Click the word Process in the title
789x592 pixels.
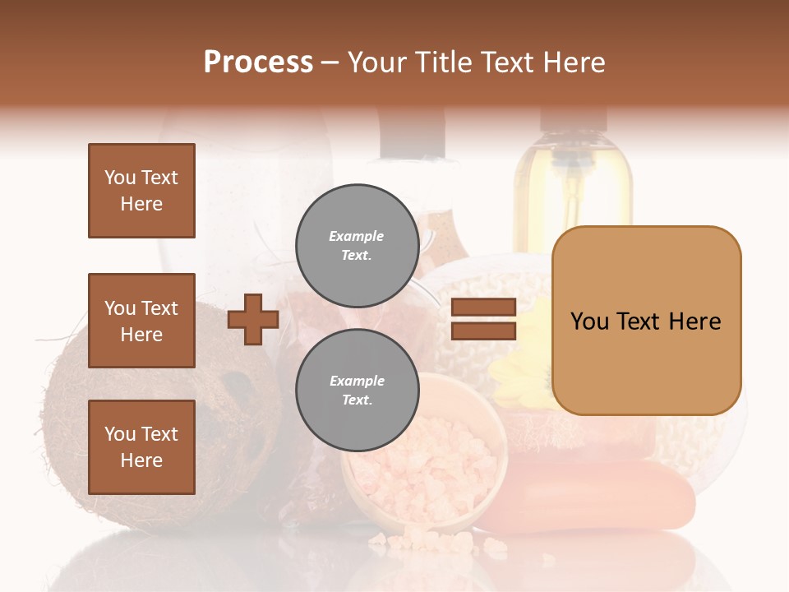258,62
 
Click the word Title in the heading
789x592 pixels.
444,62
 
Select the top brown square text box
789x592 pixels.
141,191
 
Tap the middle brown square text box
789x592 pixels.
141,321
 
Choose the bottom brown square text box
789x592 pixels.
141,447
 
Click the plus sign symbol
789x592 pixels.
253,319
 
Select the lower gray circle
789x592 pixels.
357,391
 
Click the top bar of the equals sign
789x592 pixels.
483,308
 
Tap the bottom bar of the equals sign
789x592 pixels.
483,331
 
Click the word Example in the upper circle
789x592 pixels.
357,236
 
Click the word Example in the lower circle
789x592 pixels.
357,381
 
